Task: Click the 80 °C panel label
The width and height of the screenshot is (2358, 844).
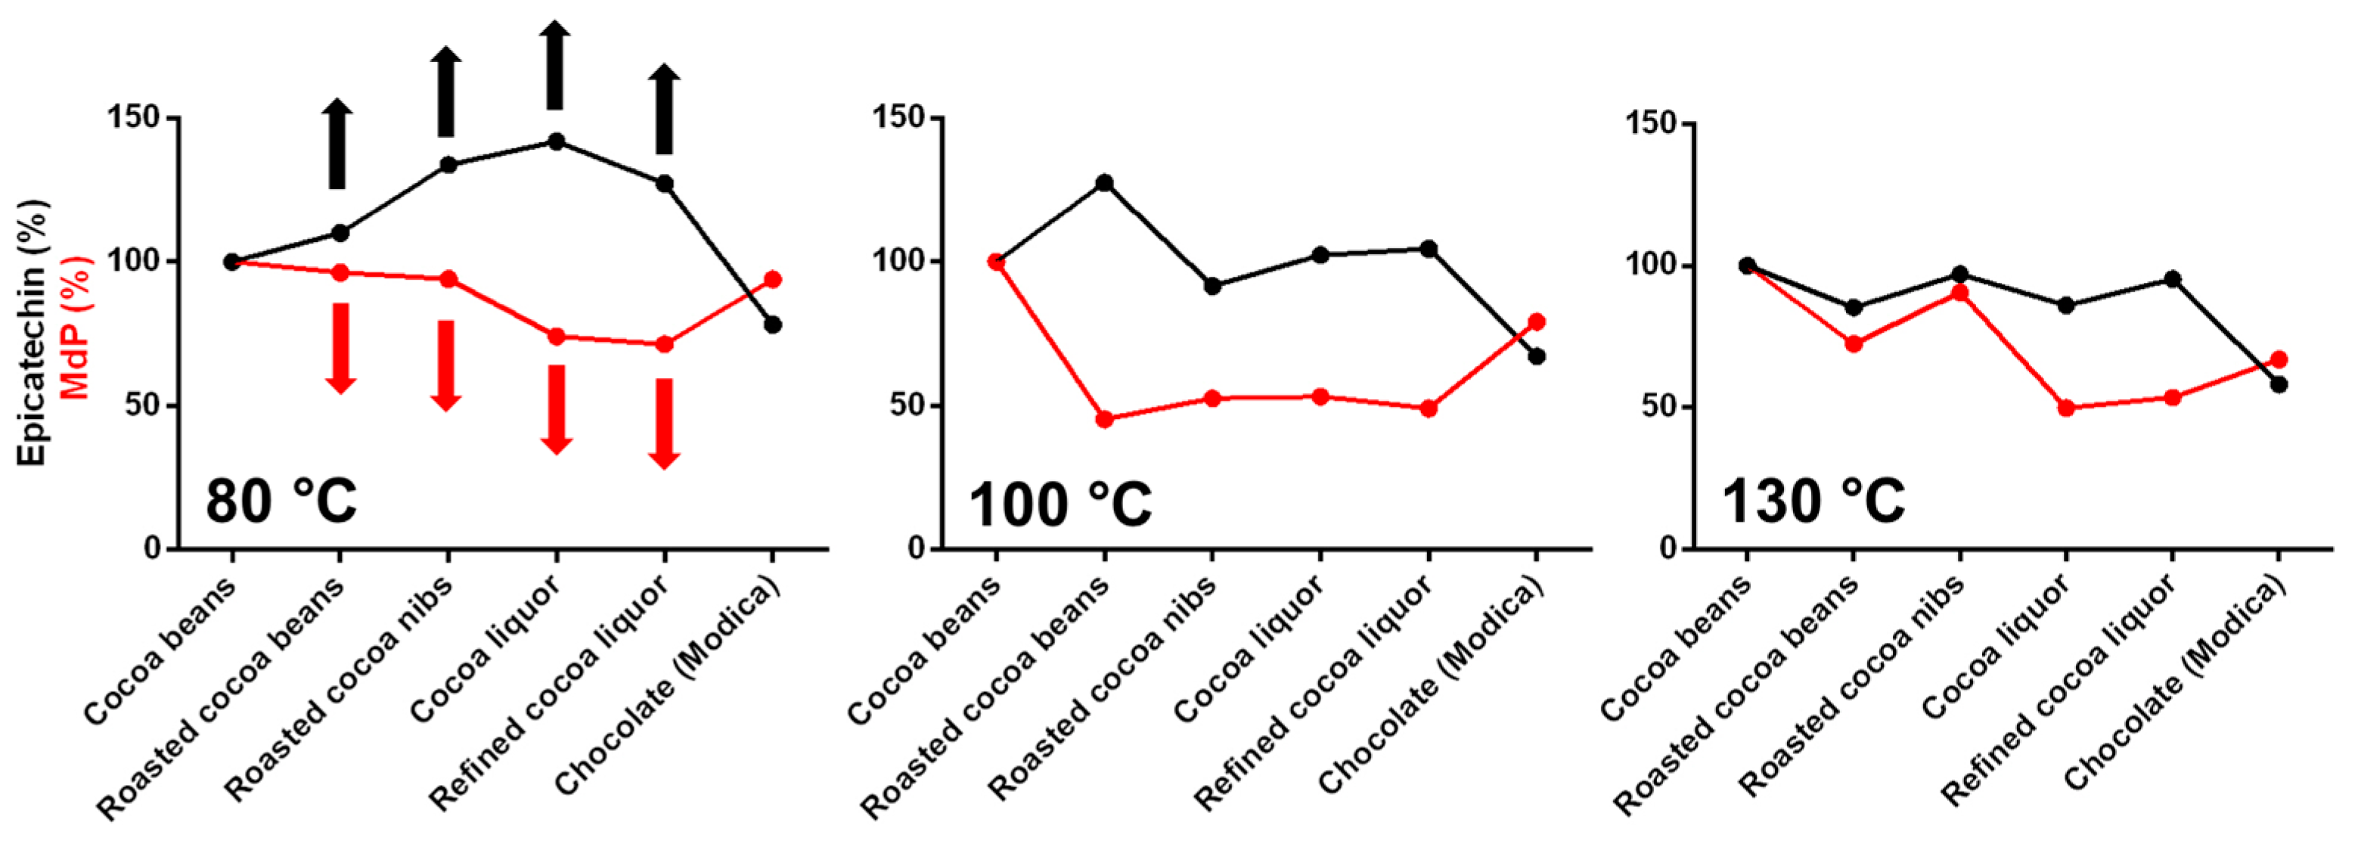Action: [x=281, y=501]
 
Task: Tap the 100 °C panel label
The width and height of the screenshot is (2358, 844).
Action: [x=1060, y=504]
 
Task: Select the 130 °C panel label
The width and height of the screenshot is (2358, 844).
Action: [x=1813, y=501]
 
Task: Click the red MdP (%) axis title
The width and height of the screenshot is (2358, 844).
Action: [x=77, y=327]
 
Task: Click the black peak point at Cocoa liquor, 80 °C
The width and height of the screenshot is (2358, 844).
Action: [x=556, y=142]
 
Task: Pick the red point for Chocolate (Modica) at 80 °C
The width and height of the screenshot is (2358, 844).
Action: [x=773, y=279]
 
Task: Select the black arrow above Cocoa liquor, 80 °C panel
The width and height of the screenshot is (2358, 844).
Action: [x=555, y=64]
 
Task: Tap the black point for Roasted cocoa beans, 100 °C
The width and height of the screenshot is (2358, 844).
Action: [x=1104, y=183]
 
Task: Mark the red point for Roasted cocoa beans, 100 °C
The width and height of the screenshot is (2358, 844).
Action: [x=1104, y=419]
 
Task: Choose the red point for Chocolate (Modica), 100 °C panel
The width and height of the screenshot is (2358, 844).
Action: [x=1537, y=322]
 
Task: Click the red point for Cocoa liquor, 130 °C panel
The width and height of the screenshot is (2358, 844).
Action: [x=2066, y=408]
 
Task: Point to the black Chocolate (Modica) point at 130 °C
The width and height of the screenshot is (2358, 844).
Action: [x=2279, y=384]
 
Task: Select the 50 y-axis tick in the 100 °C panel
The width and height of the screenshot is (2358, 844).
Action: [x=898, y=405]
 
